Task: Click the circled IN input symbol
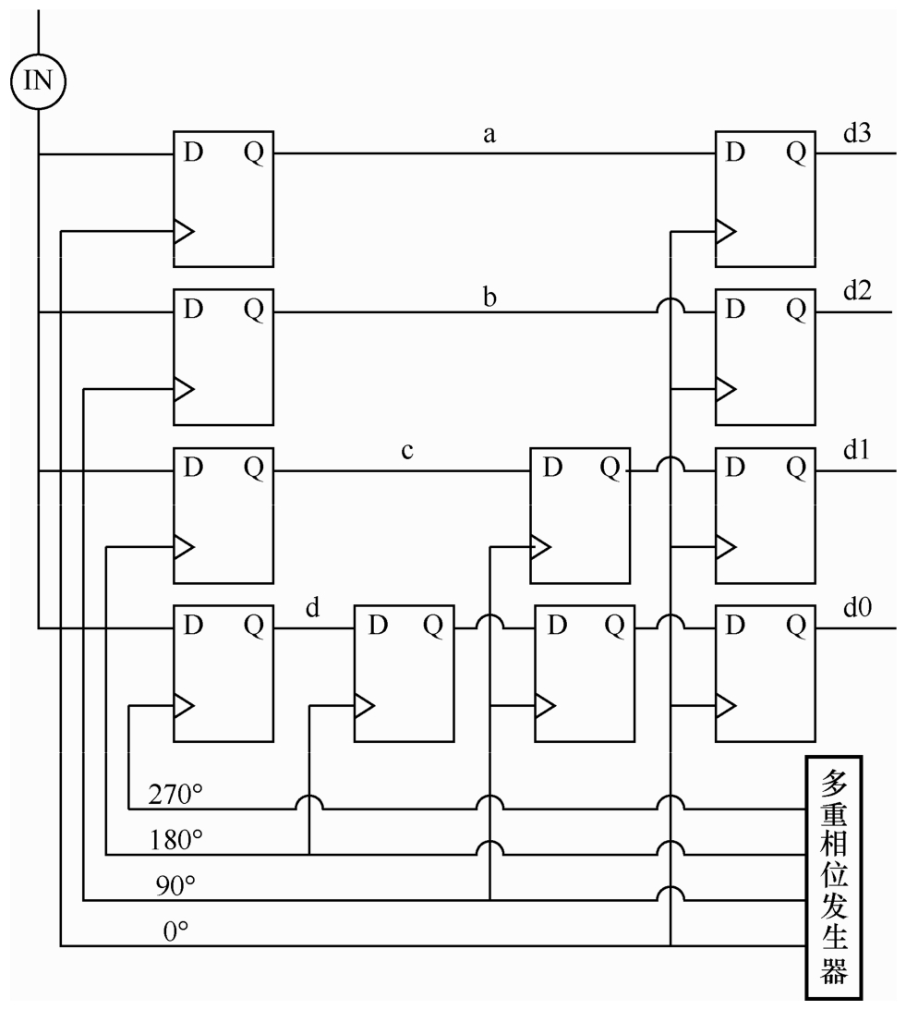38,81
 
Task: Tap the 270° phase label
175,794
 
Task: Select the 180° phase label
175,840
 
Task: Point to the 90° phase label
175,885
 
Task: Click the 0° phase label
175,931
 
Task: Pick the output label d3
857,133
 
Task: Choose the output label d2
857,291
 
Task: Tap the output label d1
856,450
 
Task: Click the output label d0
857,607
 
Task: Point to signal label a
489,135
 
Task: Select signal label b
489,297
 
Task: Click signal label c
407,451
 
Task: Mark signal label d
312,607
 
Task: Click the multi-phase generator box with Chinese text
833,878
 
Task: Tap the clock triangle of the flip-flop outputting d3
726,231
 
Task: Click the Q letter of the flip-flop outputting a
254,152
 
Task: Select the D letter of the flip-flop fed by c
552,467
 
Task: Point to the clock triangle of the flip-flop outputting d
184,705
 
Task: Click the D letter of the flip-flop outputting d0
735,625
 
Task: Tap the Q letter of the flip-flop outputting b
254,310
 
